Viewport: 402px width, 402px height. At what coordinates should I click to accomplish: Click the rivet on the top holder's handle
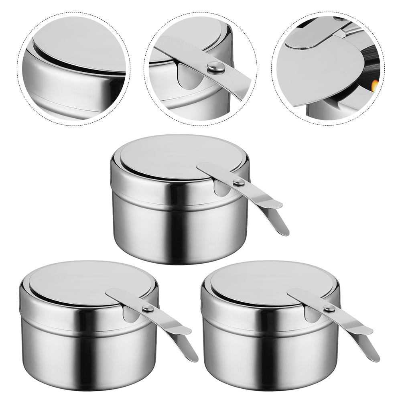239,183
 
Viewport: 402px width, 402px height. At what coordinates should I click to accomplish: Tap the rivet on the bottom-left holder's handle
148,309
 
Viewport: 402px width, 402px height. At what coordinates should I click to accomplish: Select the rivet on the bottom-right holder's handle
329,309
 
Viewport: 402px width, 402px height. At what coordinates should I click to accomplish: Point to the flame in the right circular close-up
375,85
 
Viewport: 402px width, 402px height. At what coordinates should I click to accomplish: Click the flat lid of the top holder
169,156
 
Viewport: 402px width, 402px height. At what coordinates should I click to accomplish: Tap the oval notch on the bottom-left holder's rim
129,314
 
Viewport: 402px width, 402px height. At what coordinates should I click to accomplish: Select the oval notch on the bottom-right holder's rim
311,314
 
